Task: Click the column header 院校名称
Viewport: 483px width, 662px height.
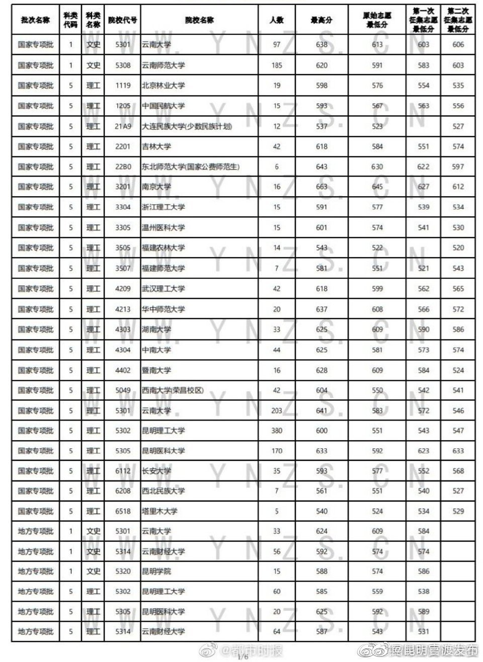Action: (199, 20)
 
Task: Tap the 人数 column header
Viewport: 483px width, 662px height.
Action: (276, 20)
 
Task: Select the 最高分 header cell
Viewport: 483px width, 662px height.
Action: (321, 20)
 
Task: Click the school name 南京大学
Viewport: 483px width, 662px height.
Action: (156, 187)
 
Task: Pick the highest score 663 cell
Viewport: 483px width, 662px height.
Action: (321, 187)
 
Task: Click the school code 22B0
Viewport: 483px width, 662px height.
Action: (123, 167)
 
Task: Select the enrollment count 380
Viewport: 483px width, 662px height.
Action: (276, 431)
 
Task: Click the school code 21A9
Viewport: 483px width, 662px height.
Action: (123, 126)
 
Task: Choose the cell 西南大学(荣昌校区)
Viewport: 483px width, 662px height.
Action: (173, 390)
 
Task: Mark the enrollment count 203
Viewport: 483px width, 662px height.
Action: (276, 410)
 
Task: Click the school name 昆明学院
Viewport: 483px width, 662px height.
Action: (156, 571)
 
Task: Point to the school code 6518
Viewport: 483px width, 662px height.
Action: (123, 511)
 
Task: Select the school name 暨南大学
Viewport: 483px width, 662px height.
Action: (156, 370)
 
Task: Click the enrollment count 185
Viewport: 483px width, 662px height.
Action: (276, 65)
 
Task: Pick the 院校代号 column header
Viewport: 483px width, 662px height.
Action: (123, 20)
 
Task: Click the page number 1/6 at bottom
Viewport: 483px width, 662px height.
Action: (243, 657)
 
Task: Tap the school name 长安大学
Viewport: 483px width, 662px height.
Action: (156, 471)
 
